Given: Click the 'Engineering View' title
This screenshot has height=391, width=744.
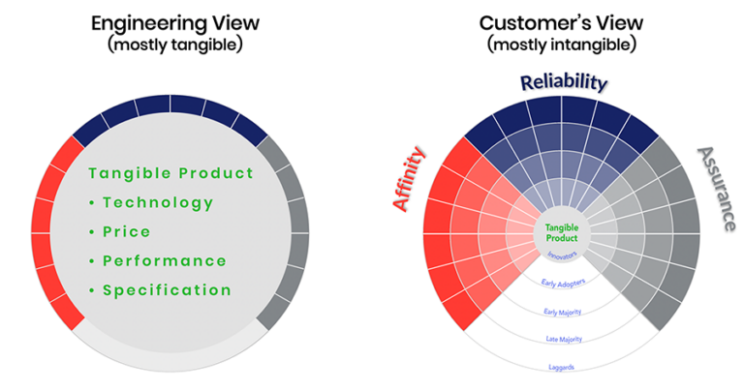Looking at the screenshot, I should [170, 20].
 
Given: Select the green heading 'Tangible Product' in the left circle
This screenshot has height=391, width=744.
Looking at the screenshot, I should [170, 173].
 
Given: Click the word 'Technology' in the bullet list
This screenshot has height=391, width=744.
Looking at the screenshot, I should [157, 202].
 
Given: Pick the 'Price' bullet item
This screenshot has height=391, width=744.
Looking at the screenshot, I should [126, 231].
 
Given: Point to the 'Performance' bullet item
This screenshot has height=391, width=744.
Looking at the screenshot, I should [164, 260].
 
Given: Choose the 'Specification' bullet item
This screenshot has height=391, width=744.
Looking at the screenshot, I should [167, 289].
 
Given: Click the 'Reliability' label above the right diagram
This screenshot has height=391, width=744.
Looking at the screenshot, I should [563, 82].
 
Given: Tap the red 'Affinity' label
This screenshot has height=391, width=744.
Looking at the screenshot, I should [409, 178].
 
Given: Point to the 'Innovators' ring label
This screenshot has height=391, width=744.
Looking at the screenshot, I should [562, 256].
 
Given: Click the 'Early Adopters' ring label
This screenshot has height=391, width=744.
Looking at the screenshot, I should [562, 284].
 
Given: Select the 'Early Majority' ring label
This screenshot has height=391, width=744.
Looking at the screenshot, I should [562, 312].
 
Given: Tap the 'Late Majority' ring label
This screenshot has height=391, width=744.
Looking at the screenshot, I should [562, 340].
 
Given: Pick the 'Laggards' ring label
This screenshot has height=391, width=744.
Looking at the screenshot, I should [562, 368].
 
